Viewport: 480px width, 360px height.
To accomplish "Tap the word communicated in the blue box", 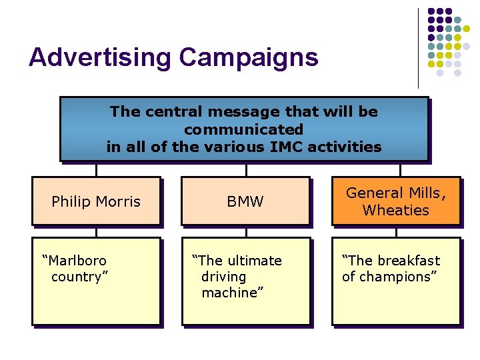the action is pos(243,129).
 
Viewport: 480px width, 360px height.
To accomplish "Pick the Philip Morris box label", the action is pos(96,201).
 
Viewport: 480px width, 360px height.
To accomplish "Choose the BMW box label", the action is pos(245,201).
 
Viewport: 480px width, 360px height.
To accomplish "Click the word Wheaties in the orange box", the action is pos(395,211).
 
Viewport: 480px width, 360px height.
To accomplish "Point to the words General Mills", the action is pos(393,193).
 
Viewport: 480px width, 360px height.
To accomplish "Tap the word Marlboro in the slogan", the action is pos(75,260).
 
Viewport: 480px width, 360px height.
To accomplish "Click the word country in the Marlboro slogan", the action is pos(78,277).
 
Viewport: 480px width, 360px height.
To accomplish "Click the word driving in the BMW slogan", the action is pos(223,277).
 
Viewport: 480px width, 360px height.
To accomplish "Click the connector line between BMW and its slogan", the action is pos(246,232).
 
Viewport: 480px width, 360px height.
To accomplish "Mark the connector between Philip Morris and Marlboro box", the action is pos(96,232).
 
